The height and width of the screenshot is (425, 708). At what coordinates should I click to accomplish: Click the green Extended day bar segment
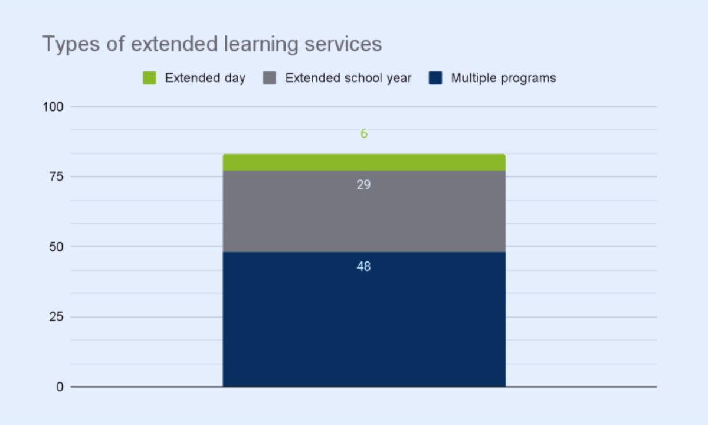click(x=364, y=162)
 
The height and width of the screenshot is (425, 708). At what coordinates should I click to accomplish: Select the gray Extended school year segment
click(x=364, y=211)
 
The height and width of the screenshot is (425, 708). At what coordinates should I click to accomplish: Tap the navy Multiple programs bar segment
click(x=364, y=319)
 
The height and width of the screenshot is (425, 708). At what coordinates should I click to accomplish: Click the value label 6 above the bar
click(x=364, y=133)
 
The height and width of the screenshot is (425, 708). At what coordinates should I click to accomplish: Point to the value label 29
click(x=363, y=185)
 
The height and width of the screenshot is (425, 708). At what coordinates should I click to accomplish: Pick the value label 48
click(x=363, y=267)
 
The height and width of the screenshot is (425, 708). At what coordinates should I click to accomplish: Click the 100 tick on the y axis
click(x=53, y=107)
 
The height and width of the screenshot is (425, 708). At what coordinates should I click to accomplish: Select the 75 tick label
click(x=56, y=176)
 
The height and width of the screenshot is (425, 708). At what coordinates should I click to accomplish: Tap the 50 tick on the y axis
click(x=56, y=247)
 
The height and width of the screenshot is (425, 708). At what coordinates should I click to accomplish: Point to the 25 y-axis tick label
click(x=56, y=316)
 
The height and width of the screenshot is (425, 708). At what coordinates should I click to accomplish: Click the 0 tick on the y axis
click(x=60, y=387)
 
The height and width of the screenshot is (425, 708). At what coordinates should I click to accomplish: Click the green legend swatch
click(x=149, y=78)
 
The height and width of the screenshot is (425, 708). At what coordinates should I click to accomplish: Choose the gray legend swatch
click(x=269, y=78)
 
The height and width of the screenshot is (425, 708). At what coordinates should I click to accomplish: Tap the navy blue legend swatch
click(x=435, y=78)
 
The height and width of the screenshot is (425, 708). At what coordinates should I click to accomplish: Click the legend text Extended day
click(x=205, y=78)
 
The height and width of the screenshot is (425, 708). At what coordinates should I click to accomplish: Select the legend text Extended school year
click(x=348, y=78)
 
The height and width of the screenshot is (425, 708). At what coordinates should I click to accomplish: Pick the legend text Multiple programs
click(x=503, y=78)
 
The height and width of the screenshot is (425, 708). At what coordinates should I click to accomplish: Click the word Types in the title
click(x=71, y=44)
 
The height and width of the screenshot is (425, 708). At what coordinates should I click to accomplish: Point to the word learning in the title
click(x=261, y=44)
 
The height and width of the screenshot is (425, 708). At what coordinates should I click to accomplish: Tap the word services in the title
click(x=343, y=44)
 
